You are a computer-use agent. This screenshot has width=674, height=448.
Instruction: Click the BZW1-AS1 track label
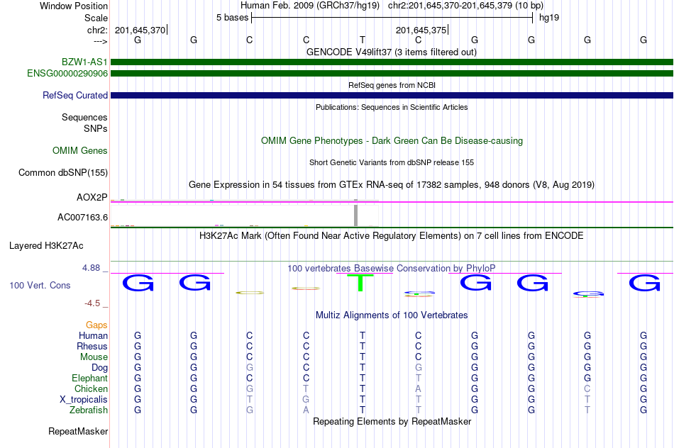[x=84, y=62]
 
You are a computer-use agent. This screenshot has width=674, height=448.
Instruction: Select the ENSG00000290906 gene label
[x=67, y=73]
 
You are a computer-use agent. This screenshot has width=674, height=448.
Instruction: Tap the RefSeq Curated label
[x=75, y=95]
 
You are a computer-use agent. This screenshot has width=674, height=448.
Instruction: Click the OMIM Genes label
[x=80, y=150]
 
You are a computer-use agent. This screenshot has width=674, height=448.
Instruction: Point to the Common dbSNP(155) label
[x=63, y=172]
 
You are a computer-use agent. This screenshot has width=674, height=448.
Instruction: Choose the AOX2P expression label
[x=92, y=196]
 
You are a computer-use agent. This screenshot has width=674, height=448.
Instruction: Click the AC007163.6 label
[x=82, y=217]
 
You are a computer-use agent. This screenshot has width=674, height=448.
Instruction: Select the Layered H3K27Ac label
[x=46, y=246]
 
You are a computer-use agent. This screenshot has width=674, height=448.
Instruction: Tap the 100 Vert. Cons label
[x=40, y=285]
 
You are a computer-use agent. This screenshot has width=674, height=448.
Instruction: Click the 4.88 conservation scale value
[x=92, y=268]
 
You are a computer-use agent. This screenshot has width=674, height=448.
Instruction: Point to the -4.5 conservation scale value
[x=92, y=303]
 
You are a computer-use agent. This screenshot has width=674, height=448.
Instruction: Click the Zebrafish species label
[x=89, y=410]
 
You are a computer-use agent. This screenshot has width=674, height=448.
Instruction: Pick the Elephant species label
[x=89, y=378]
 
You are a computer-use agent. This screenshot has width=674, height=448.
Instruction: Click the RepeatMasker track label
[x=78, y=431]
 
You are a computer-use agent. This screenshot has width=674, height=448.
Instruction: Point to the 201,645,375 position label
[x=421, y=30]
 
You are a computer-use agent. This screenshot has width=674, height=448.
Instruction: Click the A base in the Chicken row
[x=419, y=388]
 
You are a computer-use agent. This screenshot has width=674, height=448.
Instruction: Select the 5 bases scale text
[x=232, y=17]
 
